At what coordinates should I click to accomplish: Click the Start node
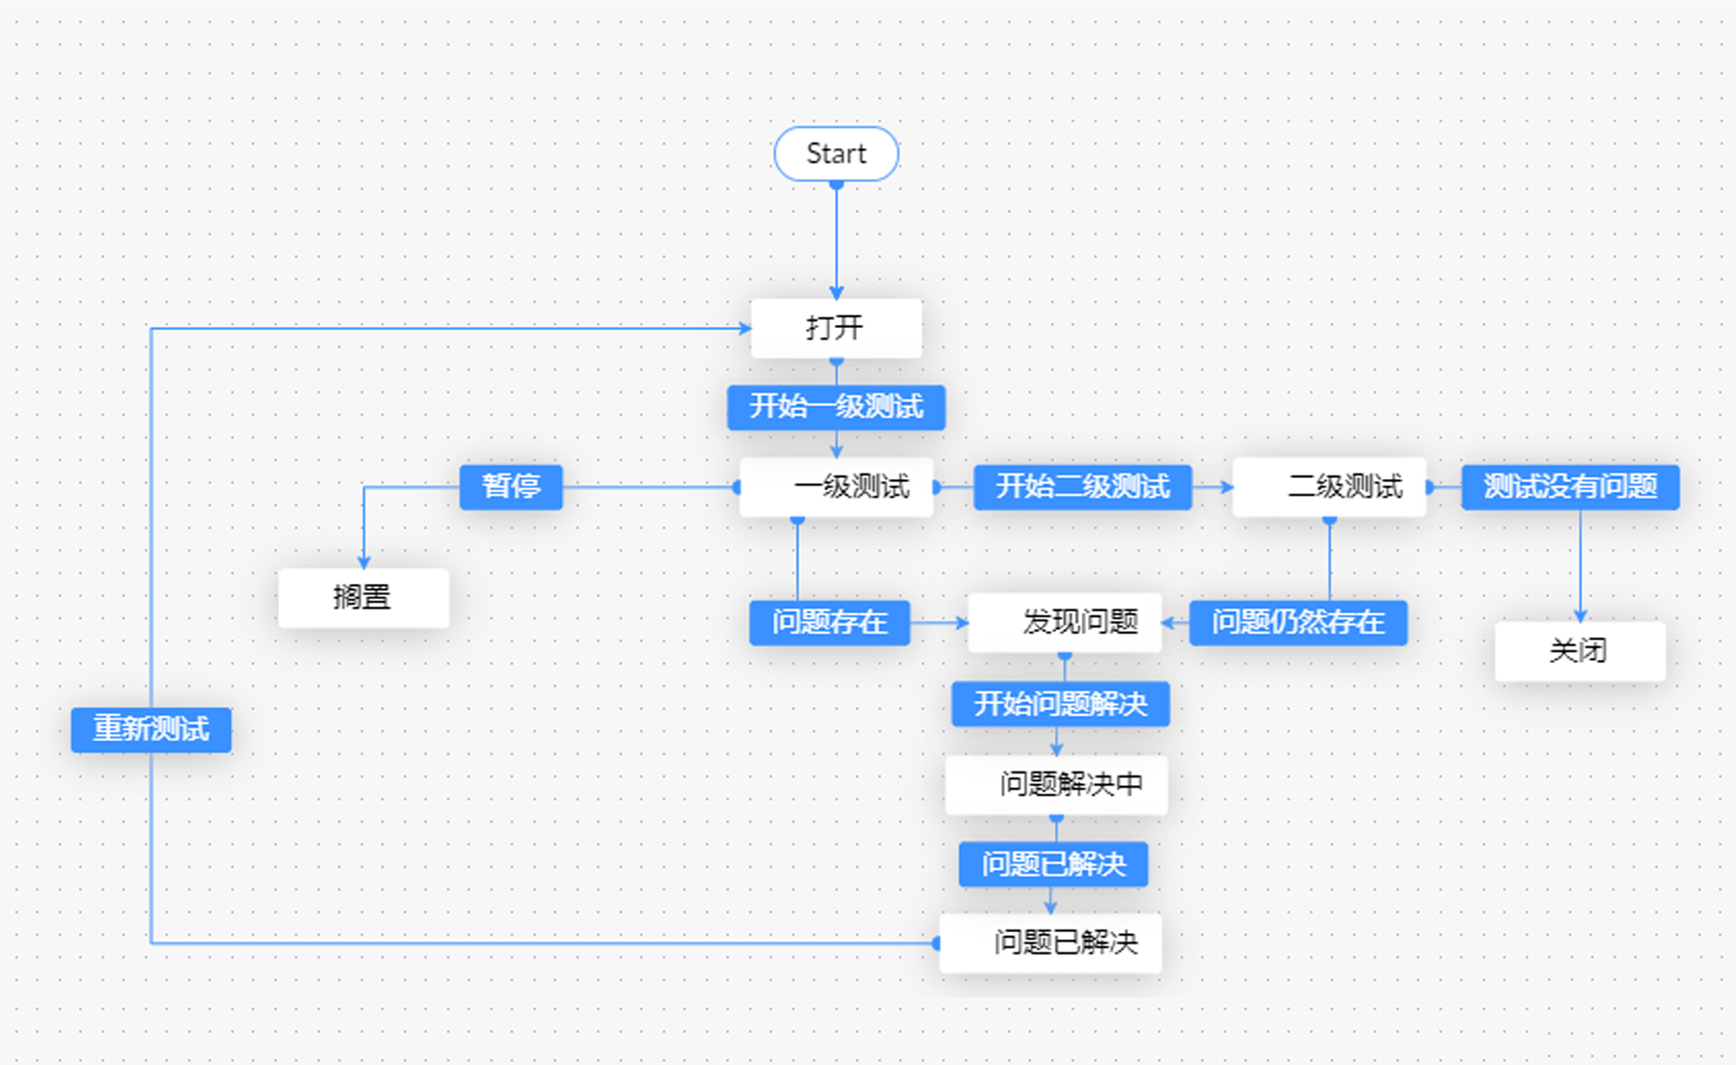tap(836, 154)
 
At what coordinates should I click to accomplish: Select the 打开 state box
tap(836, 328)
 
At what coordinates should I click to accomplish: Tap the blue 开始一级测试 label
tap(836, 407)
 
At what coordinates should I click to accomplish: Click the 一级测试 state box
tap(836, 487)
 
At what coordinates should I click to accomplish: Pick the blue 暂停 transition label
tap(511, 487)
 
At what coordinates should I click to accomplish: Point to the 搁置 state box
tap(363, 597)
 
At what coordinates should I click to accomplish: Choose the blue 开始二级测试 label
tap(1082, 487)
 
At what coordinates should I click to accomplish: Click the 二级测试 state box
tap(1329, 487)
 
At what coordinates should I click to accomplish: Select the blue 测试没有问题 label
tap(1570, 487)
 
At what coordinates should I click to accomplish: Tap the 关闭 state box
tap(1579, 651)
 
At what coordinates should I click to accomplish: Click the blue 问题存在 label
tap(829, 622)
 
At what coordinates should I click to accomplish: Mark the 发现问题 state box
tap(1065, 622)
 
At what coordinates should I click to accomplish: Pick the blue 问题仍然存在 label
tap(1297, 622)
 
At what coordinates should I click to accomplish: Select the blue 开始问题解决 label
tap(1060, 704)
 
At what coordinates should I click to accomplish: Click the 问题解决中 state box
tap(1056, 785)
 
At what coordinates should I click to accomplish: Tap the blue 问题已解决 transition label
tap(1053, 864)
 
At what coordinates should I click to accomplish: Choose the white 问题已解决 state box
tap(1050, 943)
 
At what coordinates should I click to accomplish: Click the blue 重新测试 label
tap(151, 729)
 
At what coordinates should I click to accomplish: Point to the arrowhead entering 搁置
tap(364, 562)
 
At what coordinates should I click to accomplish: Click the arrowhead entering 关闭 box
tap(1580, 616)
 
